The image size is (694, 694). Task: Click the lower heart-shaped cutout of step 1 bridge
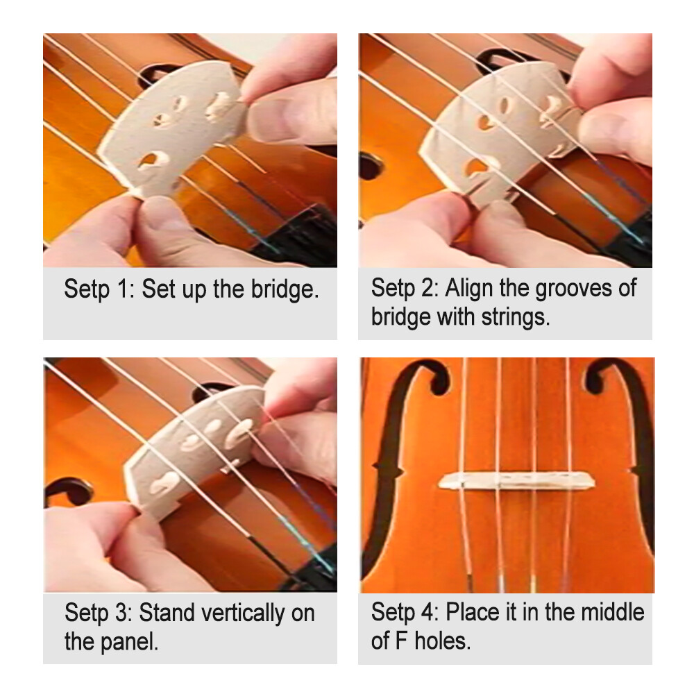coord(149,162)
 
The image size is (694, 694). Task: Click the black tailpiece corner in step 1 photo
coord(309,236)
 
